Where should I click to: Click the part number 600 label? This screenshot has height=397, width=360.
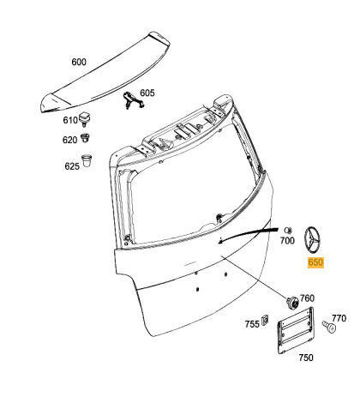79,62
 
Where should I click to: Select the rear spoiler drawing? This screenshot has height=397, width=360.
105,73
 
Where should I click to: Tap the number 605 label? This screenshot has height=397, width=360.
147,93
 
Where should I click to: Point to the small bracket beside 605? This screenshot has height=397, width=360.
133,100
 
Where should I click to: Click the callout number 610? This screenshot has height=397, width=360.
70,120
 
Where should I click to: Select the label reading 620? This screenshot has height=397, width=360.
70,140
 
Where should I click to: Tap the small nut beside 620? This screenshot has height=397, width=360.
85,137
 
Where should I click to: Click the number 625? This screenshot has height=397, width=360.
72,165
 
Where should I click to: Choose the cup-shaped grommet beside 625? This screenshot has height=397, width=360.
87,160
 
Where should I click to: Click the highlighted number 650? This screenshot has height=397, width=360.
315,262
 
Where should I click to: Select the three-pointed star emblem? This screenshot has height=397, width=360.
312,240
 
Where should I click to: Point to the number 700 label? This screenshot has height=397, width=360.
287,241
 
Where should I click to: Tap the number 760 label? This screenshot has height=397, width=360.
307,298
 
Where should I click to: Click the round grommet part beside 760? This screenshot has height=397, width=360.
292,303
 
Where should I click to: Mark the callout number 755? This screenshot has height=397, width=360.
252,324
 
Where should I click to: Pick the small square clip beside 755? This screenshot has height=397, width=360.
265,319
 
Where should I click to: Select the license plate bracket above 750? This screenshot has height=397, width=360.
296,330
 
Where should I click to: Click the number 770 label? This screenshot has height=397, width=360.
339,318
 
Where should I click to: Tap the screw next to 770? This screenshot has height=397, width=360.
329,327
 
